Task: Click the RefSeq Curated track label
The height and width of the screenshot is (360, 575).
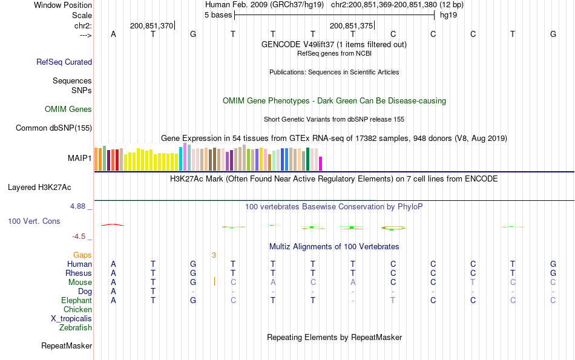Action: pos(64,62)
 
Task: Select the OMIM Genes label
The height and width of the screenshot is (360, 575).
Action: pos(68,110)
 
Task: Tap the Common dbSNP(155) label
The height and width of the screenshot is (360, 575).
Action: pos(54,128)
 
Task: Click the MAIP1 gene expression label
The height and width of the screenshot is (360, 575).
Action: pos(80,159)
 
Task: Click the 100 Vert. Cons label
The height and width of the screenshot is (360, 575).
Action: pos(34,221)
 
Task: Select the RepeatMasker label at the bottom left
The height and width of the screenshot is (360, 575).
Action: pos(67,346)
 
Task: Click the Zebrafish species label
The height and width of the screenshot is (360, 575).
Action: pos(76,328)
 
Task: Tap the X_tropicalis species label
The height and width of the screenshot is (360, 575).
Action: pos(71,318)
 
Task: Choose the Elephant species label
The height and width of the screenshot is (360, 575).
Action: pos(76,301)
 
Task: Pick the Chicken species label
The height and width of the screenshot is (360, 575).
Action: pos(77,310)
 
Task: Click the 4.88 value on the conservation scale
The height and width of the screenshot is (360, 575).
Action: pos(79,206)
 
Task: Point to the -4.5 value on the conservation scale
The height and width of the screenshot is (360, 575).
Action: pos(80,237)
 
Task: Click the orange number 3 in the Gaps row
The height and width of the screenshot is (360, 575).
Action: pos(214,255)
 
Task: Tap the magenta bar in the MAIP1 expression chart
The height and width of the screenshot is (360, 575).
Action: pos(321,164)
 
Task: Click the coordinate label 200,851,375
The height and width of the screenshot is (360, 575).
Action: pos(351,25)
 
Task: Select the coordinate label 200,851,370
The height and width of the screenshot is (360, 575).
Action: pos(151,25)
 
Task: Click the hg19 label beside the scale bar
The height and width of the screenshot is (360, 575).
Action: pos(448,15)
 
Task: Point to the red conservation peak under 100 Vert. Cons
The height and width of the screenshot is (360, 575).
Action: pos(112,224)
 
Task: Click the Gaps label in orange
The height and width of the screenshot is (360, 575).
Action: pos(82,255)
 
